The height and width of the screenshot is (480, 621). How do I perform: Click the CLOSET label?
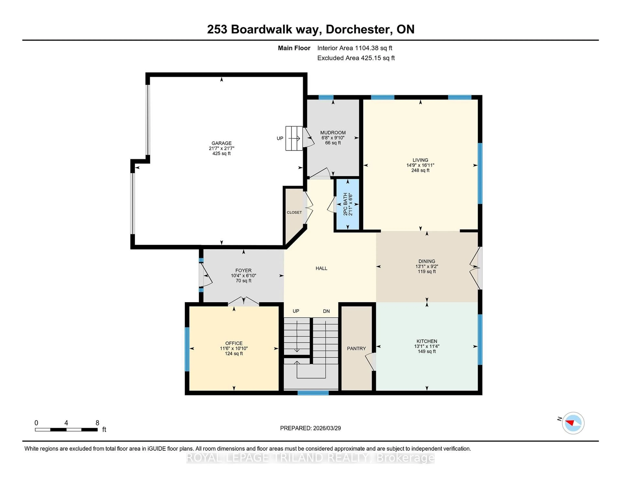click(294, 212)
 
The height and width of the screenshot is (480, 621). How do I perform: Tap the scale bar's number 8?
click(97, 423)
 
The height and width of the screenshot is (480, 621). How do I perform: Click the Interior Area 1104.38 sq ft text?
click(355, 48)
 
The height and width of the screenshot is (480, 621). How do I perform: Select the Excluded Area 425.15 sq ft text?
click(356, 58)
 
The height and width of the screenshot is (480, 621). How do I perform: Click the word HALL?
click(321, 268)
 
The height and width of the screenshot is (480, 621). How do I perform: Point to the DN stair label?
click(326, 311)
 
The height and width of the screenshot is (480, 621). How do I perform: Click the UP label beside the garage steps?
click(280, 138)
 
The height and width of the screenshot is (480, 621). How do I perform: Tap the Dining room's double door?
click(475, 267)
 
